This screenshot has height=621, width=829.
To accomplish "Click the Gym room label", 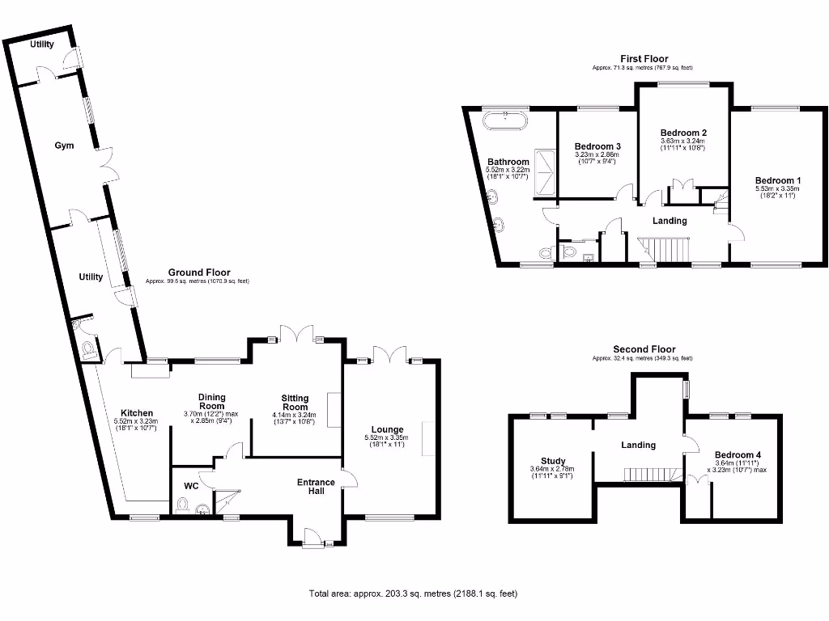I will click(64, 146).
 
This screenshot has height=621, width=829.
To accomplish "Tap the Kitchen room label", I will click(137, 413).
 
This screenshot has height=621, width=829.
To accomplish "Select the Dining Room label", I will click(211, 402).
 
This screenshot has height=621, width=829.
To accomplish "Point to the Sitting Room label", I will click(296, 403).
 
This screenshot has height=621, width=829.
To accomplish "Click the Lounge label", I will click(387, 429).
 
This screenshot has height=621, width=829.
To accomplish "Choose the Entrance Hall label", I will click(316, 487).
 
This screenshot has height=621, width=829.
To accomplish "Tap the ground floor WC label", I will click(191, 486).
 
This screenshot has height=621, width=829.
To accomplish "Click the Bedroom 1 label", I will click(777, 180).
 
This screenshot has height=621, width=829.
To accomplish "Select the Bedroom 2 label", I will click(683, 133).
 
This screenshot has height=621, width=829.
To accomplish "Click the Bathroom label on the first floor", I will click(508, 162).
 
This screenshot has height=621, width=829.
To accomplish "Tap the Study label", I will click(553, 461).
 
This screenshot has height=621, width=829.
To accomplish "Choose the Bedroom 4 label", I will click(737, 455).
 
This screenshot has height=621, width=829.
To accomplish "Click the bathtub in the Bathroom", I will click(505, 121).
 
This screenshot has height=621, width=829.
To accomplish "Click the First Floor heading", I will click(644, 58).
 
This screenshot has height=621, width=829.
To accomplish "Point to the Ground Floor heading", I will click(198, 272).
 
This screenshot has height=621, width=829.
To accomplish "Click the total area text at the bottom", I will click(413, 594).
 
